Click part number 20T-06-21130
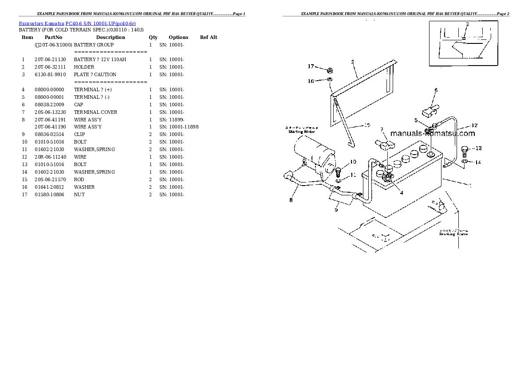pos(50,60)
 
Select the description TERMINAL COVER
pos(95,113)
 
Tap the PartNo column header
pos(53,38)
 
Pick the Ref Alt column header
pos(209,38)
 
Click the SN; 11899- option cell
pos(172,120)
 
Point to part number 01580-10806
pos(50,195)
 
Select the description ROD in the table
pos(79,180)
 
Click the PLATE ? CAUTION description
pos(95,75)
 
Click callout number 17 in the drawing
pos(311,66)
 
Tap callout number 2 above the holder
pos(352,62)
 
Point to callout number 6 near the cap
pos(436,90)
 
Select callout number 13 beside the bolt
pos(478,148)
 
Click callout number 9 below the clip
pos(336,210)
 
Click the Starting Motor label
pos(302,132)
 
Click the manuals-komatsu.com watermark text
pos(433,133)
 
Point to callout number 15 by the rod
pos(366,125)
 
